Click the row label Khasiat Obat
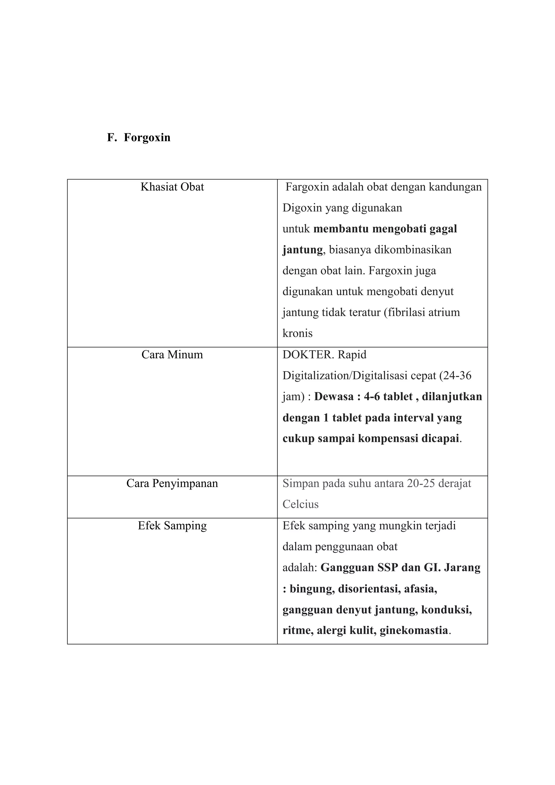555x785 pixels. pos(172,187)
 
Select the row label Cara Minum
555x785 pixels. pos(172,355)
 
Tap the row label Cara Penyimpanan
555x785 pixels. pos(172,484)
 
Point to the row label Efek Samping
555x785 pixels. pos(172,526)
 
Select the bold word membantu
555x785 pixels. pos(341,229)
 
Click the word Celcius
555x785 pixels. pos(300,504)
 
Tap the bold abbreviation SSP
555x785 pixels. pos(388,568)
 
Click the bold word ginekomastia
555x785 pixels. pos(414,630)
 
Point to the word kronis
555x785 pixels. pos(297,333)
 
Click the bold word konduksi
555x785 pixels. pos(446,610)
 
